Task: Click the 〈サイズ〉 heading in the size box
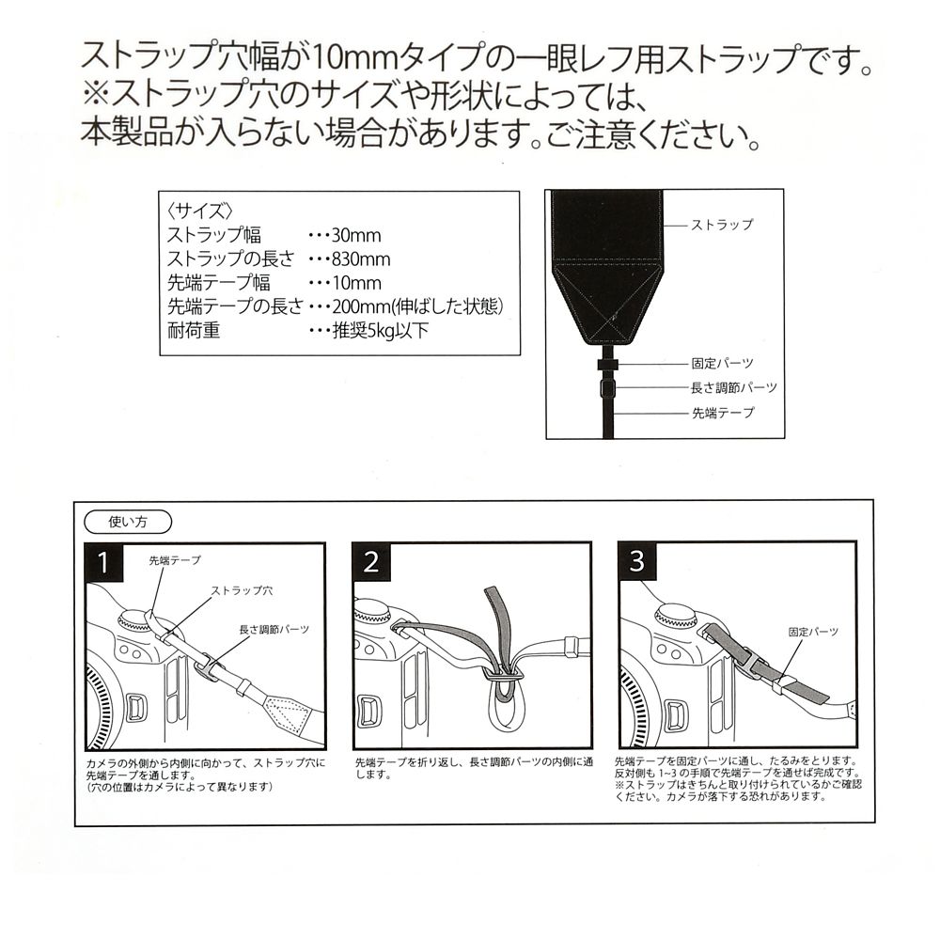point(200,211)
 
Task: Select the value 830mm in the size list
point(361,259)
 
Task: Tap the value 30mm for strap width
point(356,235)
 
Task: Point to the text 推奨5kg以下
point(381,330)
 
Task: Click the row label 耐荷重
point(194,330)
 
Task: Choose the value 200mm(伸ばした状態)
point(417,306)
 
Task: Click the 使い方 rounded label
point(128,522)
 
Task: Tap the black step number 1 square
point(104,562)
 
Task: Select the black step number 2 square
point(371,562)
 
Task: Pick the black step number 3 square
point(637,561)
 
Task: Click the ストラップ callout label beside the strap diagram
point(722,225)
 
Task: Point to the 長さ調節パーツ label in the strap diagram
point(734,388)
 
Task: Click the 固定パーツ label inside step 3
point(813,632)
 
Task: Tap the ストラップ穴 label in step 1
point(242,590)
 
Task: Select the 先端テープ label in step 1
point(175,560)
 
